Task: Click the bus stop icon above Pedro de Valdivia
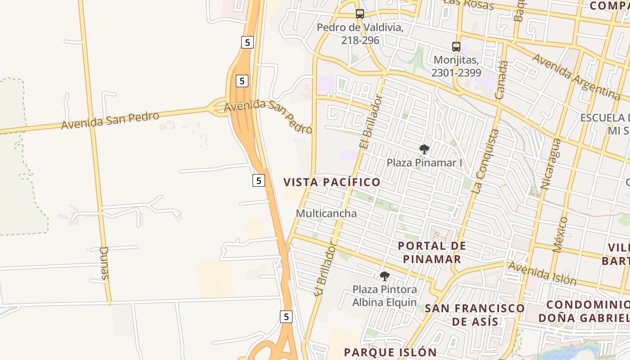[x=360, y=13]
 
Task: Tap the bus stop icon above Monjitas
[x=456, y=46]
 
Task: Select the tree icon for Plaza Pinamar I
[x=424, y=149]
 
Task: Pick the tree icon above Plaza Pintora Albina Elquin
[x=384, y=276]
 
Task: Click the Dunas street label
[x=104, y=263]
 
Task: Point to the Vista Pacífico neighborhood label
[x=332, y=182]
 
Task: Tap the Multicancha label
[x=326, y=213]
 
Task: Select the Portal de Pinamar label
[x=432, y=252]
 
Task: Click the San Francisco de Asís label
[x=475, y=315]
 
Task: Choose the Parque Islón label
[x=390, y=352]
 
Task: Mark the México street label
[x=560, y=234]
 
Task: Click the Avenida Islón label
[x=542, y=273]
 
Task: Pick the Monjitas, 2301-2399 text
[x=456, y=66]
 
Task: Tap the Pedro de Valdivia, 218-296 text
[x=360, y=34]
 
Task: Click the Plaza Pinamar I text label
[x=424, y=162]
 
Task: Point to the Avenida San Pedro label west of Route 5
[x=110, y=121]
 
